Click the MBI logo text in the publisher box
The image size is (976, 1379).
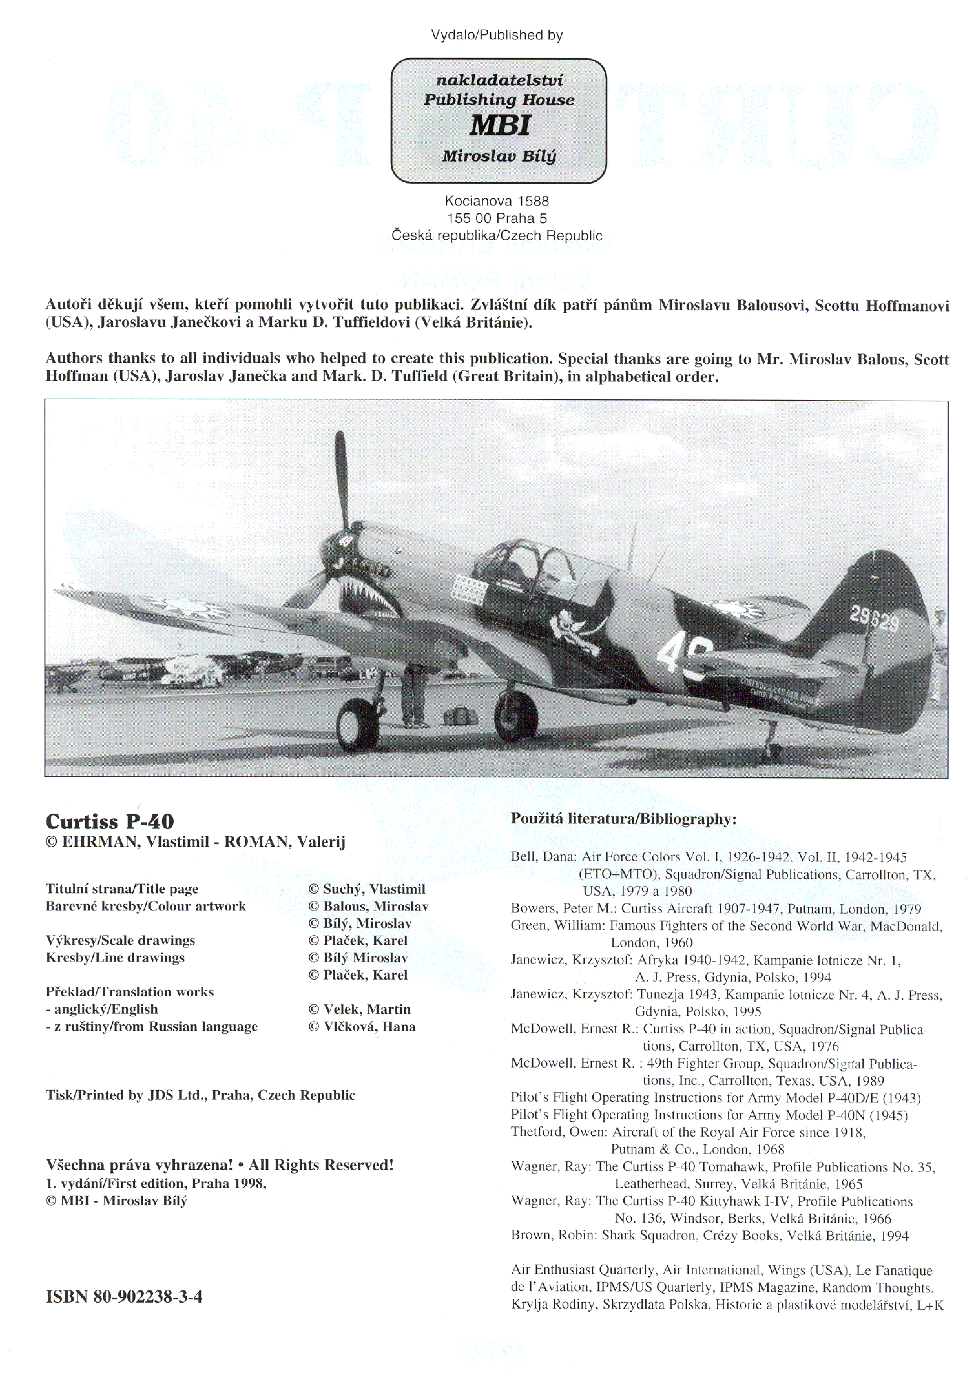[x=499, y=125]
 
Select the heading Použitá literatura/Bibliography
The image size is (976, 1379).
[x=623, y=819]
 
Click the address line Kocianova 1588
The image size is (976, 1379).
[x=496, y=201]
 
